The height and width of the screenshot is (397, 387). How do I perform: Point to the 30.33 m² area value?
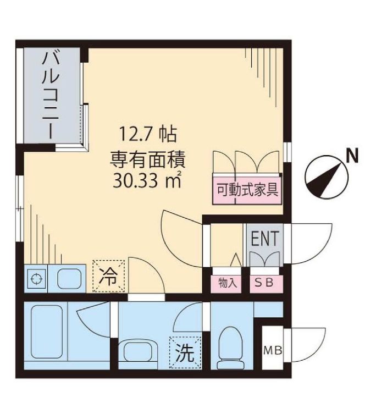pos(147,180)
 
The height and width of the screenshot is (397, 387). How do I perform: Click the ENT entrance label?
pos(265,239)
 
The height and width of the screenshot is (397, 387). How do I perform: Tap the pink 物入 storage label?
pos(227,284)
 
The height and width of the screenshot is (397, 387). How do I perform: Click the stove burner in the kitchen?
pos(36,279)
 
